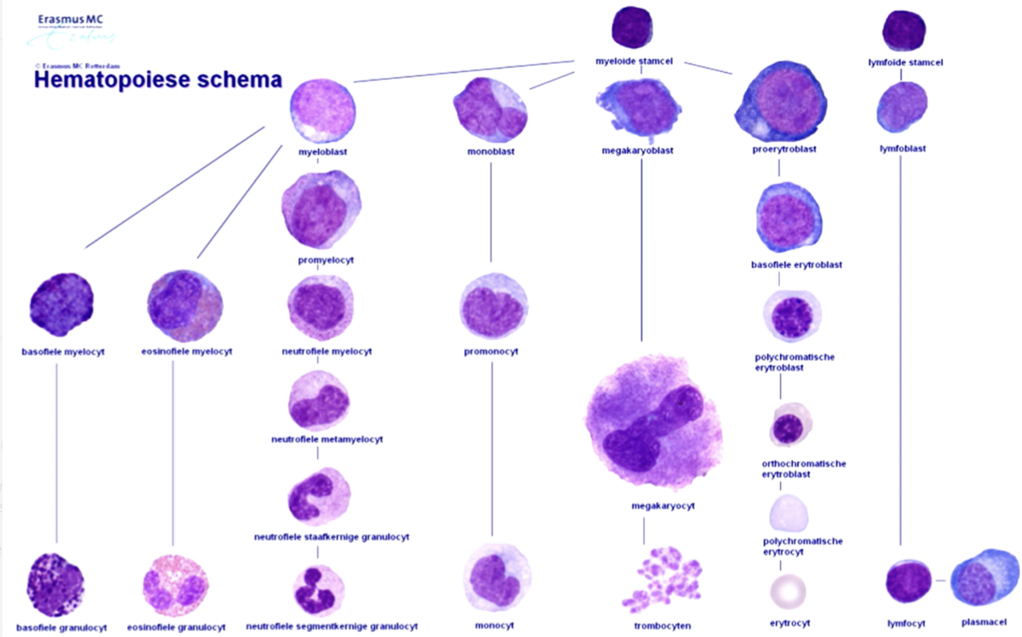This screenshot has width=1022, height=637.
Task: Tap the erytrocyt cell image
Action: (x=788, y=591)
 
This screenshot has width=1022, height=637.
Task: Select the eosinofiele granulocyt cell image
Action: (x=175, y=586)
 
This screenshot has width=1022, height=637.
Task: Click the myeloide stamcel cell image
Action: (x=633, y=28)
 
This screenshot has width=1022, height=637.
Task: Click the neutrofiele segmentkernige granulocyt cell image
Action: (x=318, y=590)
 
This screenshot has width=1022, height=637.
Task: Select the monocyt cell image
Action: (x=496, y=579)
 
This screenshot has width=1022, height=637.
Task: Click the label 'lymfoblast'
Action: (x=902, y=149)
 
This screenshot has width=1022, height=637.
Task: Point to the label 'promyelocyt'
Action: (x=326, y=260)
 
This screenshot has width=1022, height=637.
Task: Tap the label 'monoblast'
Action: (x=491, y=152)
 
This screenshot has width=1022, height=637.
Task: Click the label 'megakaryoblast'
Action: (x=637, y=151)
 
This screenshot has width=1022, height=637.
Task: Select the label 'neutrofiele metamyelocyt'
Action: (x=327, y=439)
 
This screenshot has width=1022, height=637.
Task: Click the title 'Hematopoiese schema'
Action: (x=158, y=80)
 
